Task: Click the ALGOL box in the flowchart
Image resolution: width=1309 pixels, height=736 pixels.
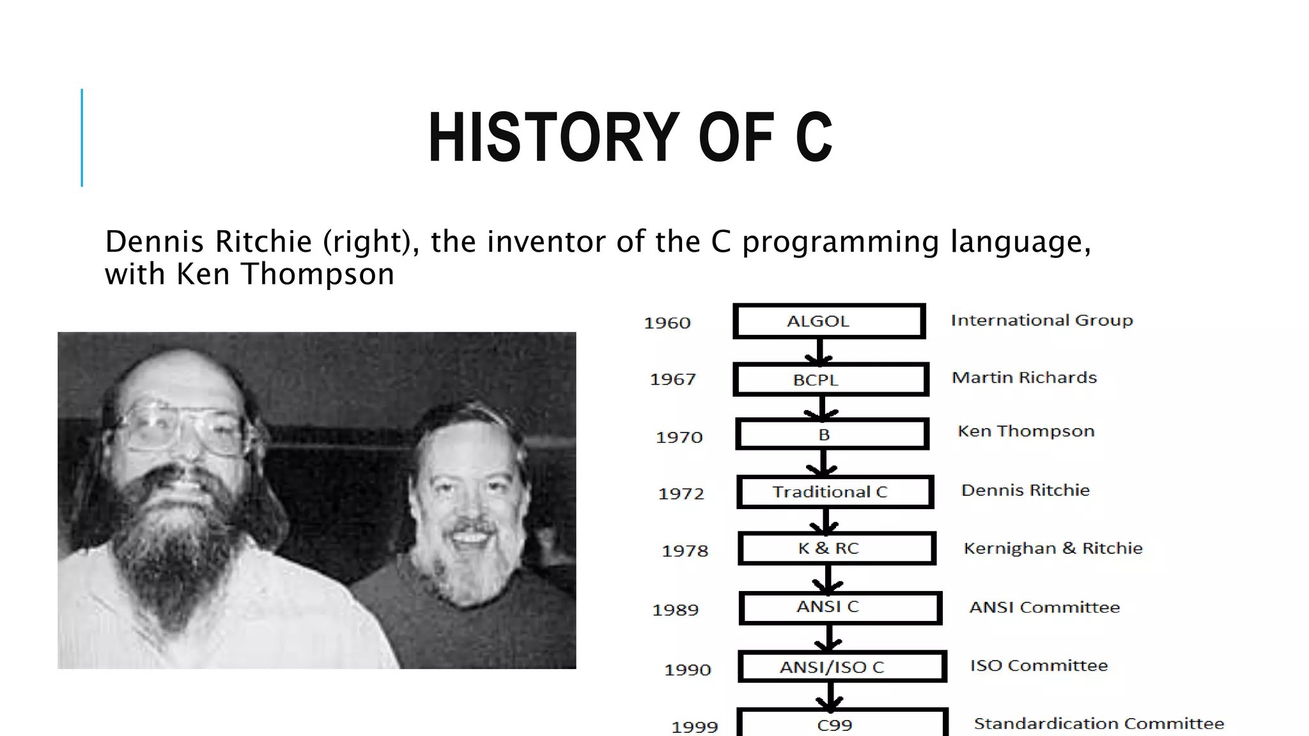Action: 829,321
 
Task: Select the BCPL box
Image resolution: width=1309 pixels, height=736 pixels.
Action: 830,379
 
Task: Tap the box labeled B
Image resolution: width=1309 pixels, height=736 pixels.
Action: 832,434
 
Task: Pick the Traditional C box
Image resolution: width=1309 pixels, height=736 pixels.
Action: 835,492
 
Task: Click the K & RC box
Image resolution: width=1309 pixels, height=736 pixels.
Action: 837,548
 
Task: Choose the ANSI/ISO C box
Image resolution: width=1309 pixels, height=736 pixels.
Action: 842,667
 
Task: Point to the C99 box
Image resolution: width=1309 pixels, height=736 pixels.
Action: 842,724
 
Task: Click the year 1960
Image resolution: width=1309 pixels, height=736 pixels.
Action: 667,323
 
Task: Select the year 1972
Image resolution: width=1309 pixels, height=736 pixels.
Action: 681,493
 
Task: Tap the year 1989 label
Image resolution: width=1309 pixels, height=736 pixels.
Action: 675,609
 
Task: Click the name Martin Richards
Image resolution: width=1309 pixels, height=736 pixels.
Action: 1024,378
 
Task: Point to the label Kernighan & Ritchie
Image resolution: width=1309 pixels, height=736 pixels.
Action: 1053,548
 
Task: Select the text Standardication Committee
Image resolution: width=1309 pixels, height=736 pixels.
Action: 1099,723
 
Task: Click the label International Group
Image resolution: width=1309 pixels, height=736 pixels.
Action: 1041,320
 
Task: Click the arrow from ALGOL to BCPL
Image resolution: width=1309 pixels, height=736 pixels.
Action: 820,351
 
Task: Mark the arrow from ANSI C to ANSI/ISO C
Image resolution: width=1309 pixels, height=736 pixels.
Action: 829,638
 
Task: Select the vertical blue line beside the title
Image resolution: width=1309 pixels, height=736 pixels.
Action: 82,137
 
